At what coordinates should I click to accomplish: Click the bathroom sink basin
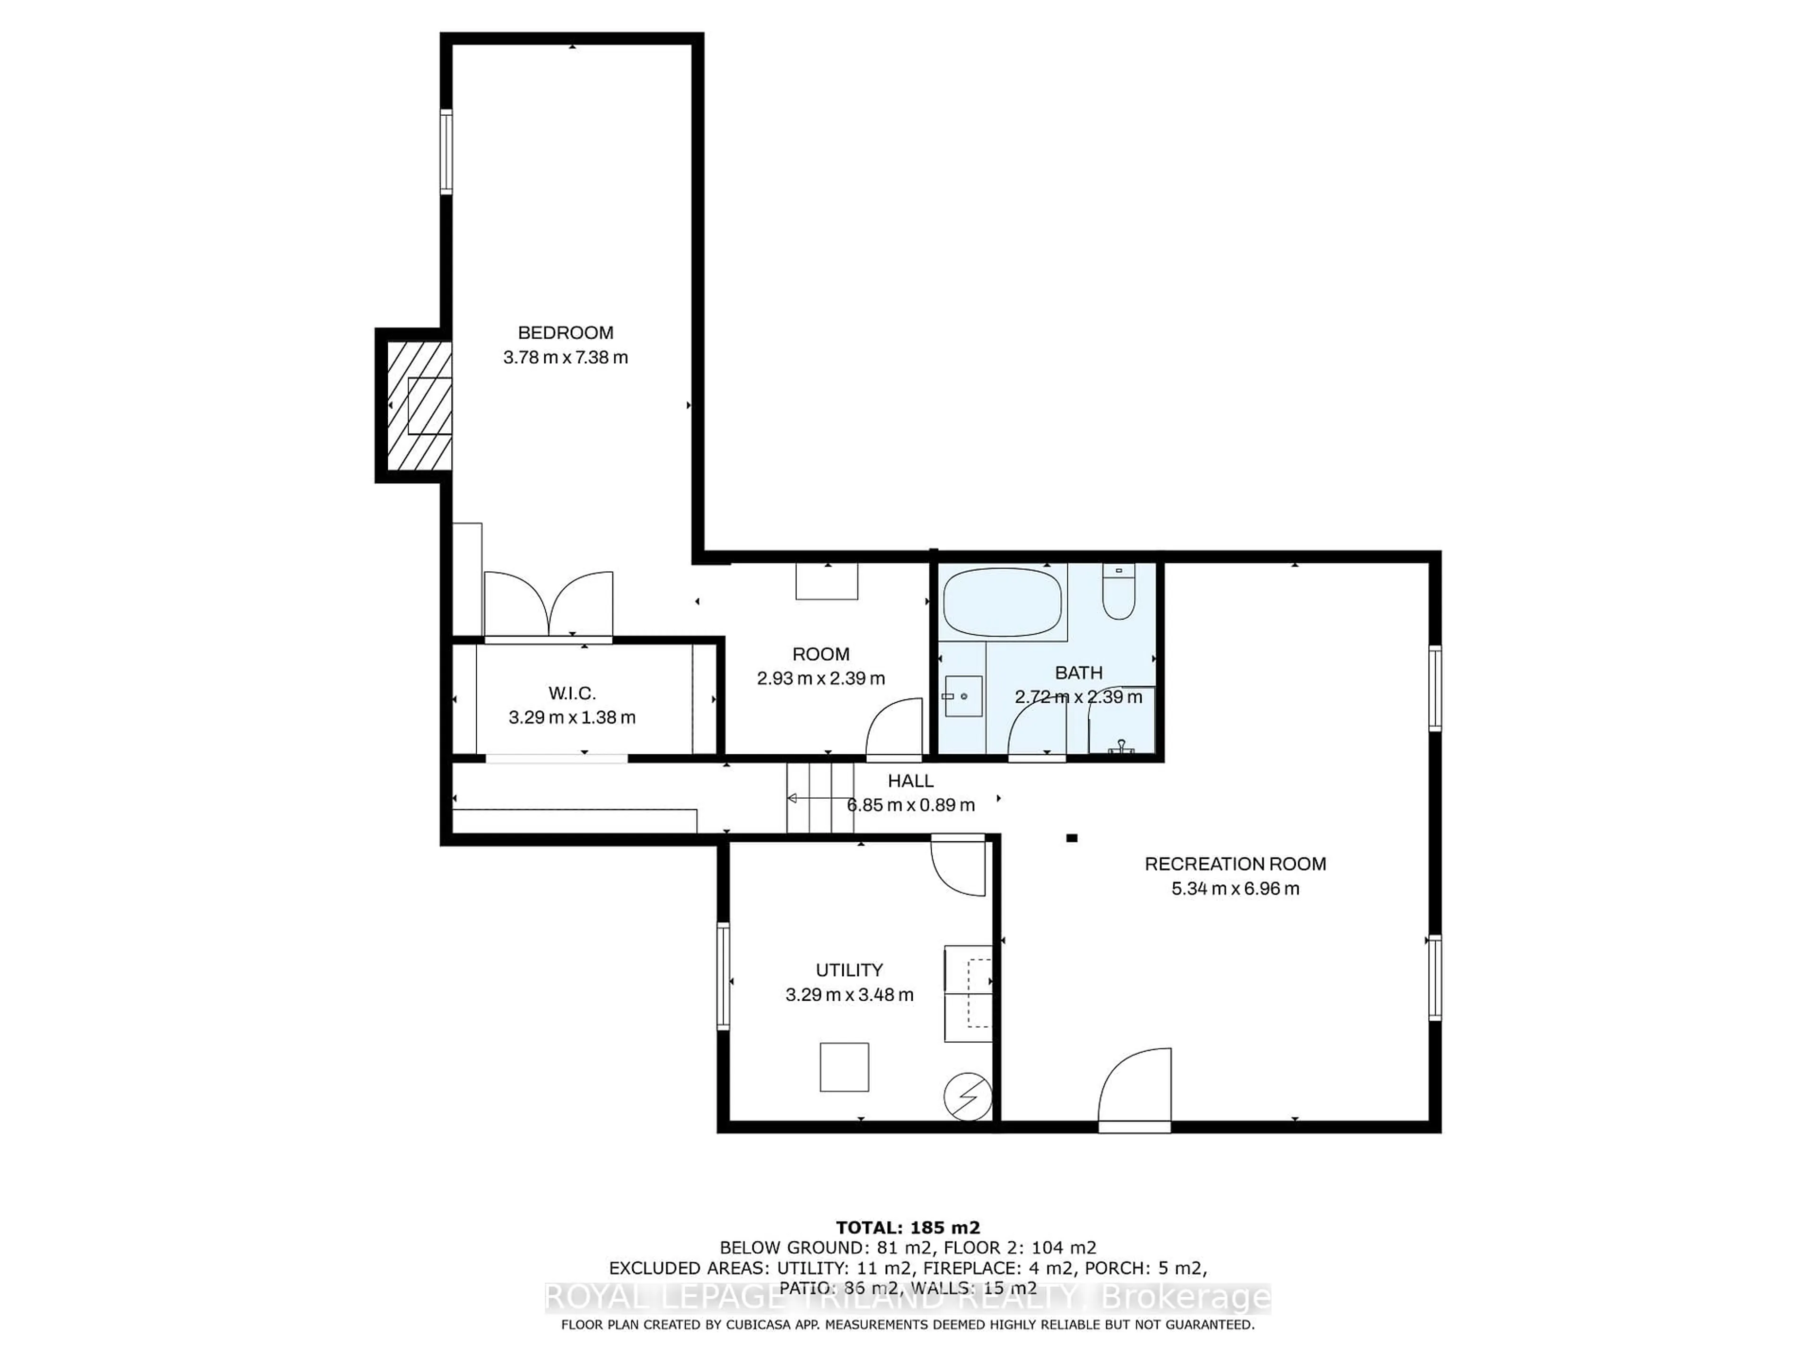click(962, 696)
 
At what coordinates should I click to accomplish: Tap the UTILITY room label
click(849, 969)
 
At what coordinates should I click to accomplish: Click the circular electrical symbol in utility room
click(968, 1096)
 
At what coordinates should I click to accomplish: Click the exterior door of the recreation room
click(1135, 1092)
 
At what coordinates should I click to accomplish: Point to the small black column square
click(1071, 838)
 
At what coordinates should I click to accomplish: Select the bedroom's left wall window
click(446, 152)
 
